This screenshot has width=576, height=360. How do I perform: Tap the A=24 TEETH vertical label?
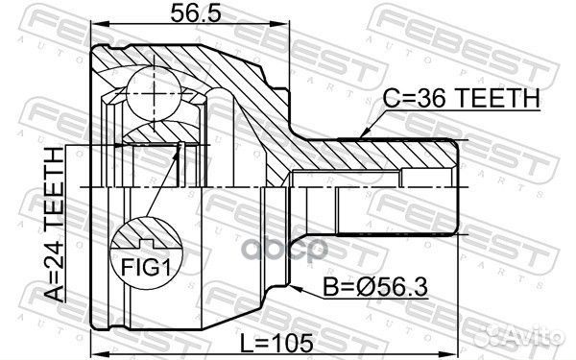[x=55, y=226]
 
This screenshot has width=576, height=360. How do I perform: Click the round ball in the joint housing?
[x=155, y=91]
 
